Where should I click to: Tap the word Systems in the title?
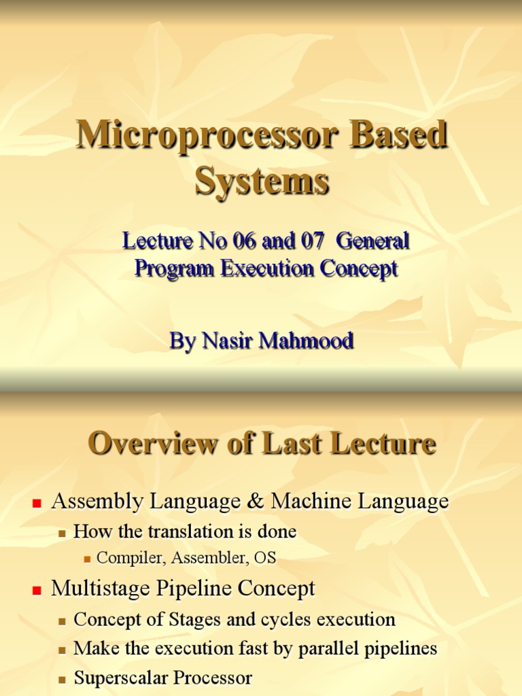point(262,181)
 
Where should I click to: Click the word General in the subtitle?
point(372,241)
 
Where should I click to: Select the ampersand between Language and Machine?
point(255,502)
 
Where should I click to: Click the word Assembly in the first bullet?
point(97,502)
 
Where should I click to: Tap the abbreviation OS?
point(264,558)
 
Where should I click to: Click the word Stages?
point(178,620)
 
